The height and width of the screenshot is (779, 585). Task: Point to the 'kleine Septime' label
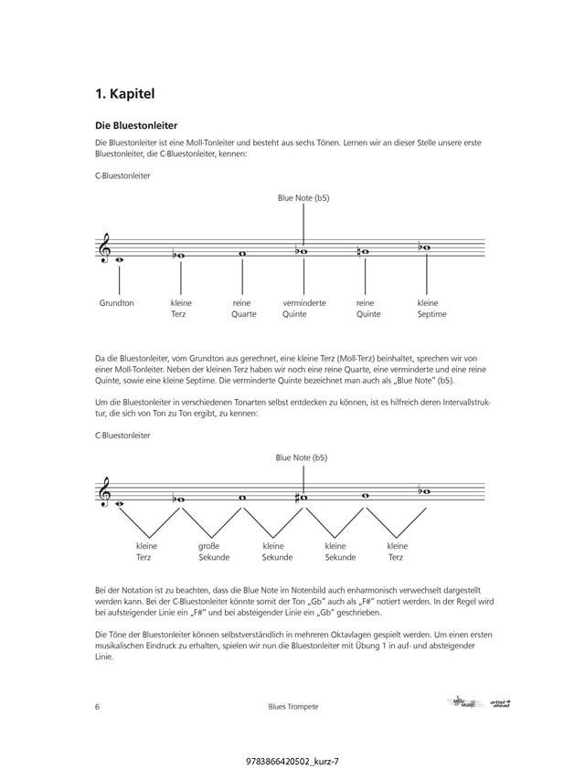click(x=431, y=309)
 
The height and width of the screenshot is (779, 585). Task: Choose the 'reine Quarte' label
click(x=243, y=309)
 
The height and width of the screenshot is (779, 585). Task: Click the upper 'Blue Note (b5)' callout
click(x=303, y=197)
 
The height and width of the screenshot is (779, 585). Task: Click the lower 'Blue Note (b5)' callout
click(x=303, y=458)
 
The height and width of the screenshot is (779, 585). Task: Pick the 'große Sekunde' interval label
click(x=213, y=551)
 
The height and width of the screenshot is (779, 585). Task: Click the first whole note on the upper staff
click(x=119, y=259)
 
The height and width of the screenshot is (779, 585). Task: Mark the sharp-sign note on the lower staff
click(x=303, y=498)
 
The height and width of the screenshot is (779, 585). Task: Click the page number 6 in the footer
click(x=97, y=707)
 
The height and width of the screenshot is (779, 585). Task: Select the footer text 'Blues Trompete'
click(x=292, y=707)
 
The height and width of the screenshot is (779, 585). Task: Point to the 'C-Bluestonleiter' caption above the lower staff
click(x=122, y=436)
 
